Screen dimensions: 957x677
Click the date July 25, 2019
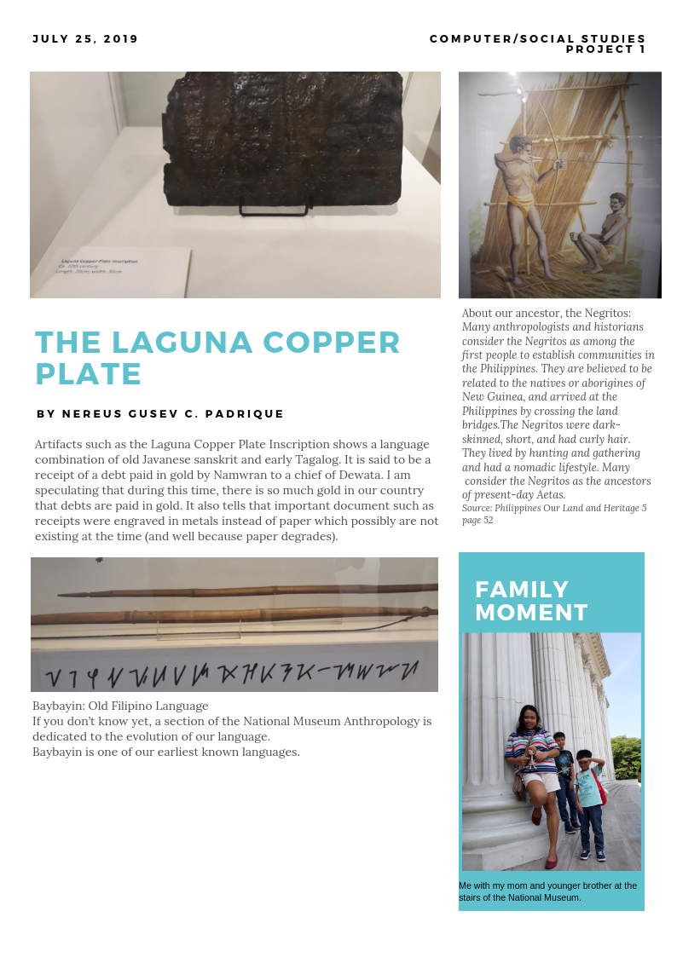(85, 39)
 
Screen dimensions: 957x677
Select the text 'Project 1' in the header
(605, 49)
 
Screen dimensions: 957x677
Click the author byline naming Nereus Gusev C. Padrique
(160, 414)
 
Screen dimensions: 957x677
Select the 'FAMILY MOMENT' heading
(531, 601)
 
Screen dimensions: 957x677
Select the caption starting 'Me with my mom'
(547, 891)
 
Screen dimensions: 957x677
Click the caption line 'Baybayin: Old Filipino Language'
(120, 706)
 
